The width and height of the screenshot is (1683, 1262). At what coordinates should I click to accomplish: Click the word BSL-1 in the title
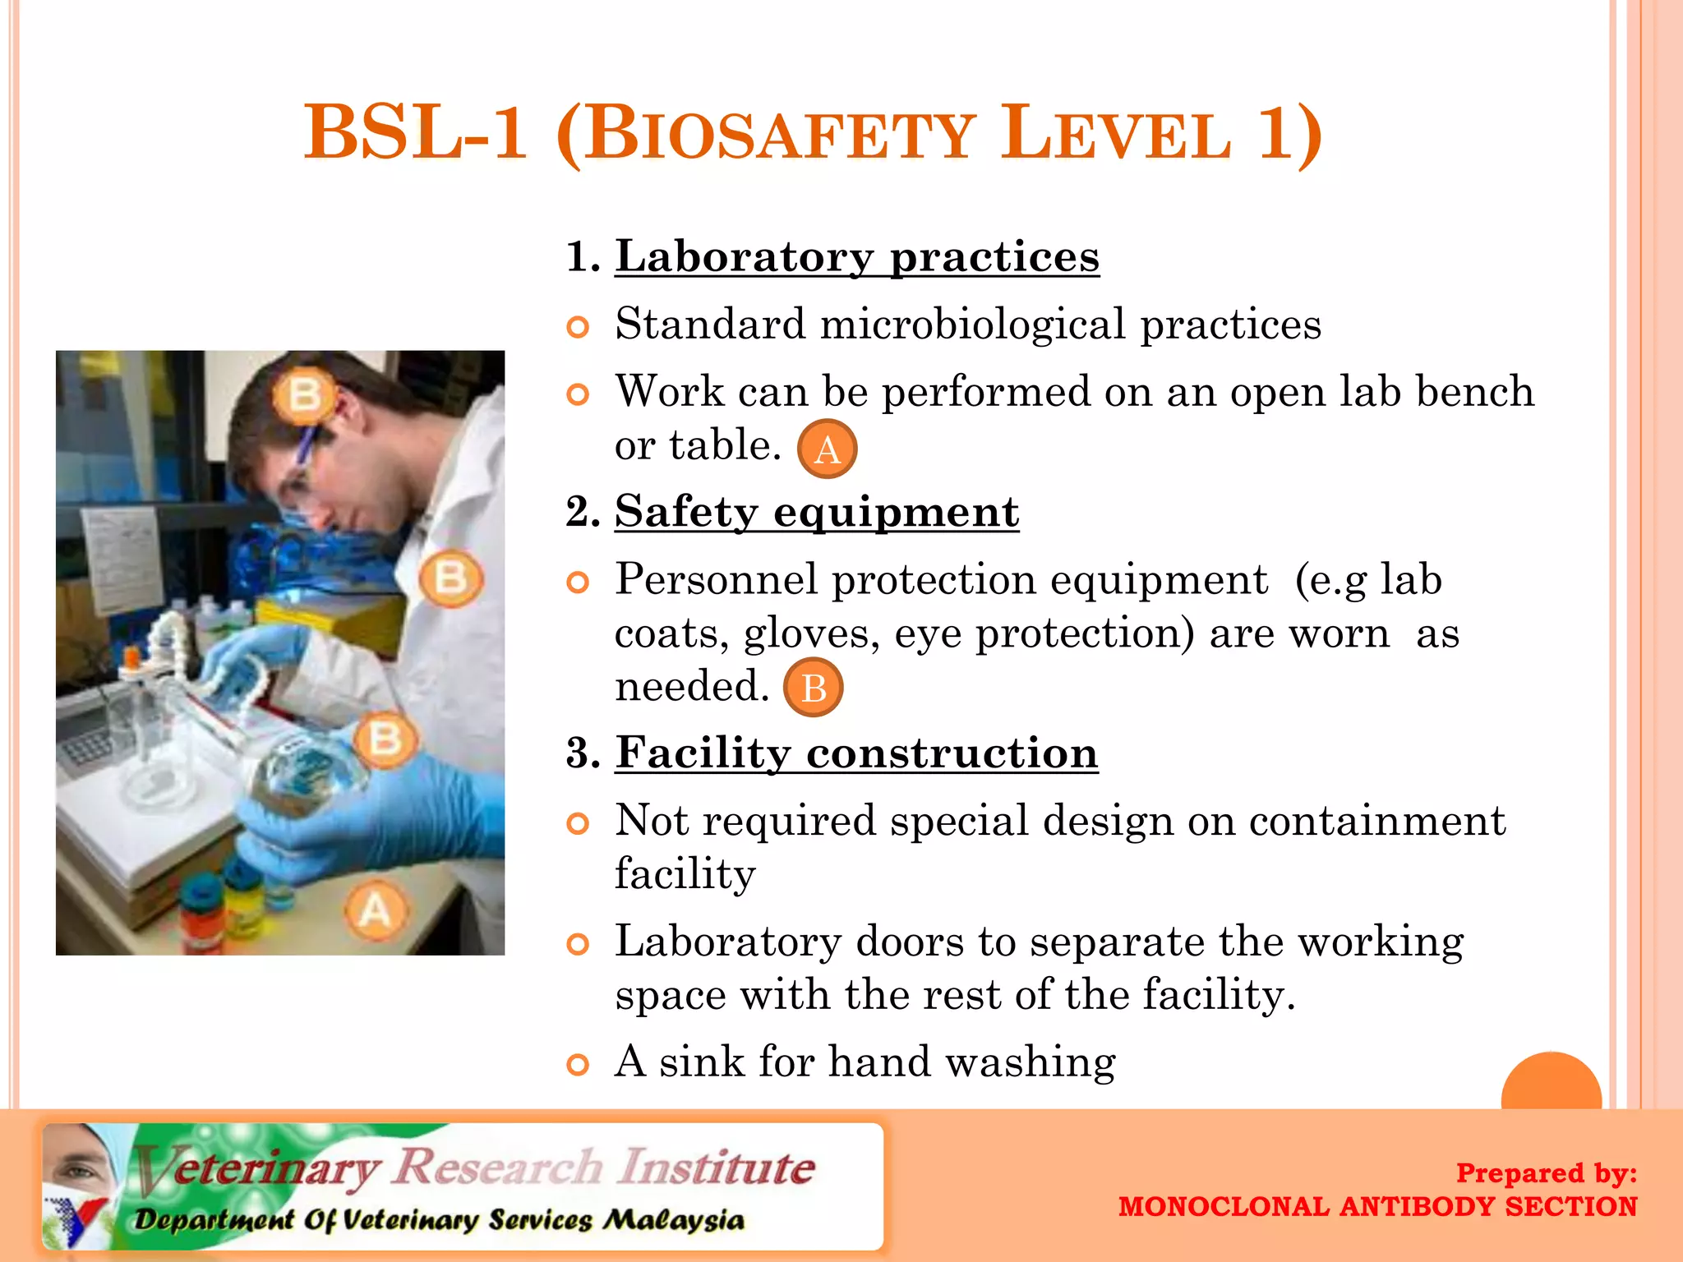pyautogui.click(x=415, y=133)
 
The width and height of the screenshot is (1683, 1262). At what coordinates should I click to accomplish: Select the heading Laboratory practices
pyautogui.click(x=856, y=257)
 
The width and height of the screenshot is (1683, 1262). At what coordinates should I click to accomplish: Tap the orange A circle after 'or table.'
pyautogui.click(x=827, y=449)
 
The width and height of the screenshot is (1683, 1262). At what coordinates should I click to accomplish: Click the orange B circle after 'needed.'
pyautogui.click(x=813, y=688)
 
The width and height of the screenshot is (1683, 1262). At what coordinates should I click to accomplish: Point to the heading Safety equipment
pyautogui.click(x=817, y=512)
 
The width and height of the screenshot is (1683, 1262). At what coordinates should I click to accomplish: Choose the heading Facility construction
pyautogui.click(x=856, y=753)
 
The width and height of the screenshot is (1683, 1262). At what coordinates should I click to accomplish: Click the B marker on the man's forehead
pyautogui.click(x=304, y=395)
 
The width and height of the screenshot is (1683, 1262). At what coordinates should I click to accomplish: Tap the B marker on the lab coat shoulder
pyautogui.click(x=450, y=578)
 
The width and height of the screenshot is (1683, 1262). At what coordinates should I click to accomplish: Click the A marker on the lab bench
pyautogui.click(x=376, y=910)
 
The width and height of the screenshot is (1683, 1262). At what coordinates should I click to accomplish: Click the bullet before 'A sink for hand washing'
pyautogui.click(x=579, y=1066)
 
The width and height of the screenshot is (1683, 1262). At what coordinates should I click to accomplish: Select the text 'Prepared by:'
pyautogui.click(x=1546, y=1172)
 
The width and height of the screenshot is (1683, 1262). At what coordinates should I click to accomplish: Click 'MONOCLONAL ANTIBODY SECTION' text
pyautogui.click(x=1377, y=1206)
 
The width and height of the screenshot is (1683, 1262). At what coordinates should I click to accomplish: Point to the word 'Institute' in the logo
pyautogui.click(x=717, y=1168)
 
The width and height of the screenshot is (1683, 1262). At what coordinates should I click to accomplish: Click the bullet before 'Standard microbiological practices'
pyautogui.click(x=579, y=328)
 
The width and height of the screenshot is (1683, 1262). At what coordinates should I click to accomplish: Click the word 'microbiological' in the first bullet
pyautogui.click(x=973, y=324)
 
